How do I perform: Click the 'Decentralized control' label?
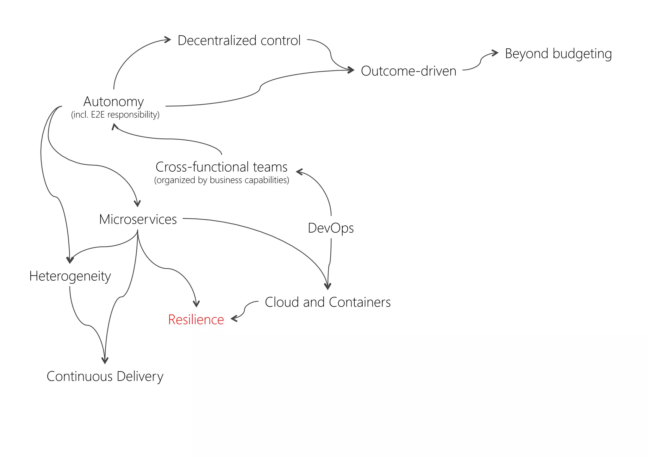click(x=239, y=40)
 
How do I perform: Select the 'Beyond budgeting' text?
click(x=558, y=53)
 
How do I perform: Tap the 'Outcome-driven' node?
click(x=408, y=71)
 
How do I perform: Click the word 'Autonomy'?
click(x=114, y=101)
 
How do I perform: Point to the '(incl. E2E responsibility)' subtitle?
click(x=115, y=114)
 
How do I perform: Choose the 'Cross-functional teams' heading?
click(x=221, y=167)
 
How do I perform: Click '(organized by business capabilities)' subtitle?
click(x=221, y=180)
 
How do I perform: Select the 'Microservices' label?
click(x=138, y=219)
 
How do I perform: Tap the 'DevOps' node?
click(x=331, y=228)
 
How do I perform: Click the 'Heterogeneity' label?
click(x=70, y=276)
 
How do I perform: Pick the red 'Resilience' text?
click(x=196, y=320)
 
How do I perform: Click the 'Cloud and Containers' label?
click(x=327, y=302)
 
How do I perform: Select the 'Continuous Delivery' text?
click(x=105, y=376)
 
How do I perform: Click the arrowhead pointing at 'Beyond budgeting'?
click(x=495, y=53)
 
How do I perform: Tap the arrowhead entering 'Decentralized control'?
click(x=168, y=40)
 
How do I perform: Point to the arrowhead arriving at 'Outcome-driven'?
click(x=351, y=70)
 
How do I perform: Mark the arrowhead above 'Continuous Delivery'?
click(x=105, y=361)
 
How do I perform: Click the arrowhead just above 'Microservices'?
click(x=137, y=204)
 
